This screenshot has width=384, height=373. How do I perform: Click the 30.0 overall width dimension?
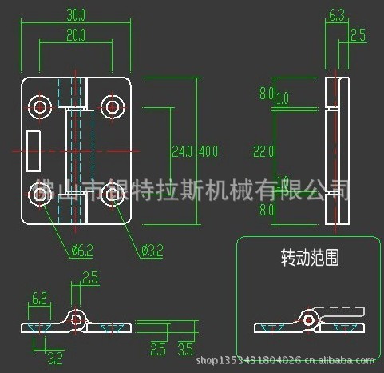click(x=76, y=15)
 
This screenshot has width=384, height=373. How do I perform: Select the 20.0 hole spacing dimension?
click(x=76, y=34)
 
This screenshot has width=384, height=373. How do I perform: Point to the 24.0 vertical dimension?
click(x=182, y=150)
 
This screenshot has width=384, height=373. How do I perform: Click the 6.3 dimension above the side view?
click(x=336, y=14)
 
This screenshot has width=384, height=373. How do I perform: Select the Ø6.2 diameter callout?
click(x=81, y=251)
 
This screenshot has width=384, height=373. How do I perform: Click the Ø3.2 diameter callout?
click(x=152, y=251)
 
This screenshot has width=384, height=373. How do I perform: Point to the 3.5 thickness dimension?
click(x=184, y=349)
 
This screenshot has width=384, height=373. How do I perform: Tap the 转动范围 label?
click(x=310, y=258)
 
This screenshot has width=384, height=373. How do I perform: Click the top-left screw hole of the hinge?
click(x=39, y=106)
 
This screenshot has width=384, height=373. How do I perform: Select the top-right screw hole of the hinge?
click(x=111, y=106)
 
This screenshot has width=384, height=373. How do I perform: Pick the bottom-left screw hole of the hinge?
click(x=39, y=193)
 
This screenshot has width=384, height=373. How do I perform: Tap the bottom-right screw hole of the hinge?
click(x=111, y=193)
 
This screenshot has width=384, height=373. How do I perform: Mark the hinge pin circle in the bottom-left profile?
click(x=76, y=319)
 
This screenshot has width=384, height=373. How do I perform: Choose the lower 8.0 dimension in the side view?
click(x=266, y=209)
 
